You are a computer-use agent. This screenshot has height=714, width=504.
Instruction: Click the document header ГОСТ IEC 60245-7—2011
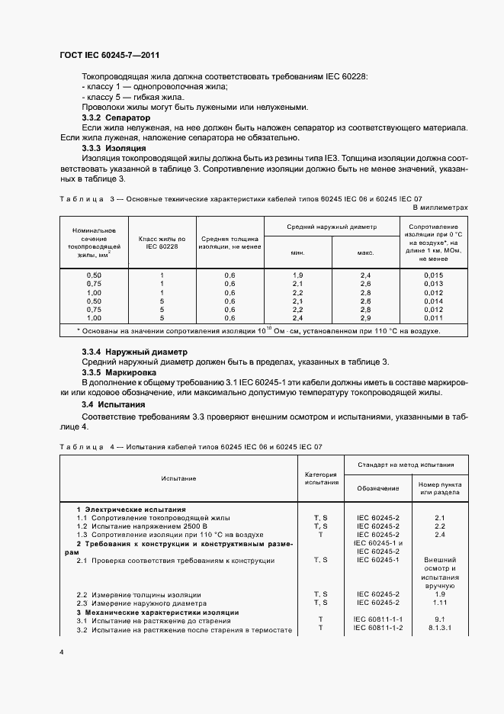tap(109, 56)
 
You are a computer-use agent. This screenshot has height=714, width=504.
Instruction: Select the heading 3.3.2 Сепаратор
tap(116, 118)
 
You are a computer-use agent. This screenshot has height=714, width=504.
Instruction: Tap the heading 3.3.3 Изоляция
tap(114, 146)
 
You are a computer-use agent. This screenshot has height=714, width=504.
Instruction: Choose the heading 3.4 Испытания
tap(113, 404)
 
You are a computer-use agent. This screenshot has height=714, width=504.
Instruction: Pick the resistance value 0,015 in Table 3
tap(433, 275)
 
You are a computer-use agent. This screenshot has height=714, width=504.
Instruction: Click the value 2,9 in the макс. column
tap(365, 319)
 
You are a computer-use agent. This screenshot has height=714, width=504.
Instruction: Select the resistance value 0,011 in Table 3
tap(433, 319)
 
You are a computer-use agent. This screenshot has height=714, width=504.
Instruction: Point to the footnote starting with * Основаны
tap(259, 332)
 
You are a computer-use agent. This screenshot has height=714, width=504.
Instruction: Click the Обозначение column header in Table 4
tap(378, 487)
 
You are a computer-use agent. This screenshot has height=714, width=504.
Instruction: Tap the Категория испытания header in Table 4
tap(321, 478)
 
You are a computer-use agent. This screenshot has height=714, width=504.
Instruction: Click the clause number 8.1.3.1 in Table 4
tap(439, 628)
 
